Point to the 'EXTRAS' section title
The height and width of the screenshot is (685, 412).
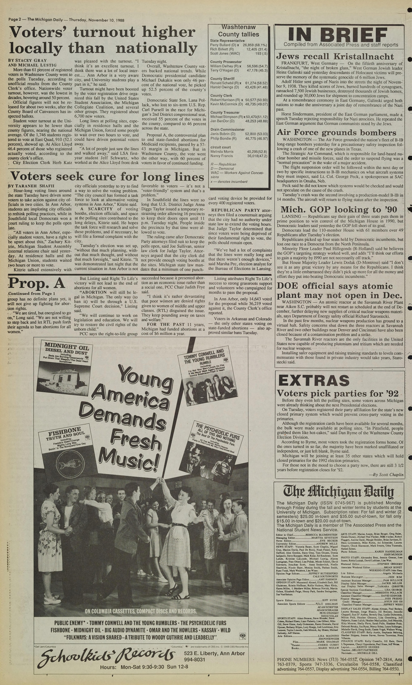pos(314,380)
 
